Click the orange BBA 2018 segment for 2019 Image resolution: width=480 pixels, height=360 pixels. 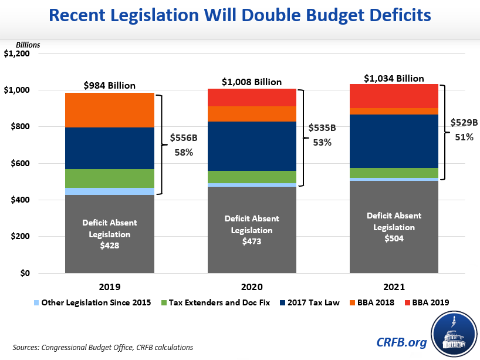coord(110,110)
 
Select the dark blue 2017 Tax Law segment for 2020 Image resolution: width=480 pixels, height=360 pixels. coord(252,146)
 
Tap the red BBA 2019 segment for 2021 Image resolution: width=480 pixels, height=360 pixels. coord(394,96)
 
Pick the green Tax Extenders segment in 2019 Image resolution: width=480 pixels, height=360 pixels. coord(110,178)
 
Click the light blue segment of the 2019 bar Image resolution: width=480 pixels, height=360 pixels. coord(110,191)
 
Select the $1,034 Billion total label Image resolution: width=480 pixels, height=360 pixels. coord(394,78)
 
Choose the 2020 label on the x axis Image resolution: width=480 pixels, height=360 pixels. coord(252,288)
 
